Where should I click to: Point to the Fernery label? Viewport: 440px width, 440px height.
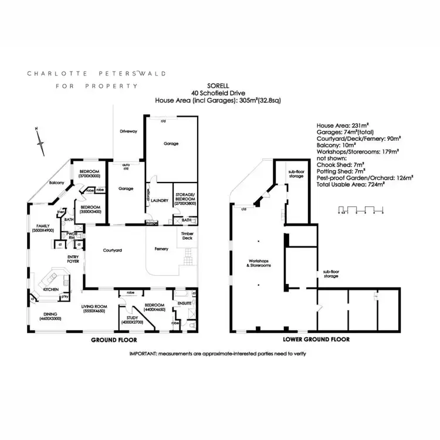tap(161, 249)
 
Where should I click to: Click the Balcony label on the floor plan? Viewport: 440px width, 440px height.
tap(57, 182)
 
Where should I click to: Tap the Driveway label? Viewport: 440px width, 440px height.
tap(128, 131)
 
